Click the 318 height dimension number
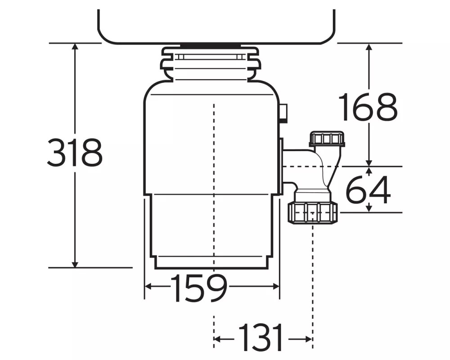point(75,152)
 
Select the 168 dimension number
point(368,107)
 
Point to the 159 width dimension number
point(199,288)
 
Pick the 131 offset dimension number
point(261,337)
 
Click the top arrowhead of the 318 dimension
point(75,46)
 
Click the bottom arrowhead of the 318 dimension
point(75,264)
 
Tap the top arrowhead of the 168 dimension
point(369,47)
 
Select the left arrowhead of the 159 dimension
point(148,286)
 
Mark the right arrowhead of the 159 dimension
point(275,286)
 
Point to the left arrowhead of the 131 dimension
point(217,339)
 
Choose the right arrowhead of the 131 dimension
point(309,339)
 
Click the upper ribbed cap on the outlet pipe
point(327,139)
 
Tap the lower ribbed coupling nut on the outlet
point(313,212)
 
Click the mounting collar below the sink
point(211,63)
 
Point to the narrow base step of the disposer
point(212,262)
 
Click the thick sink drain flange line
point(211,45)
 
